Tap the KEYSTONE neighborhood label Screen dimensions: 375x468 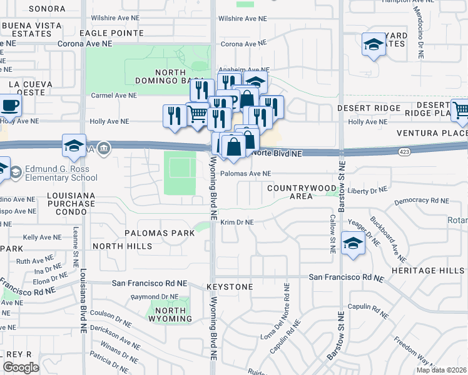(x=230, y=287)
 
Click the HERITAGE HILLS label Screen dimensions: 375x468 (x=438, y=270)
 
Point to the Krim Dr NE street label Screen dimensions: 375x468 (x=237, y=222)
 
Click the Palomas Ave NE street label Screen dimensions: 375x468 (x=245, y=174)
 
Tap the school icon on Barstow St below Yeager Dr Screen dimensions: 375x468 (x=353, y=243)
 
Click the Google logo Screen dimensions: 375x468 (x=20, y=367)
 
